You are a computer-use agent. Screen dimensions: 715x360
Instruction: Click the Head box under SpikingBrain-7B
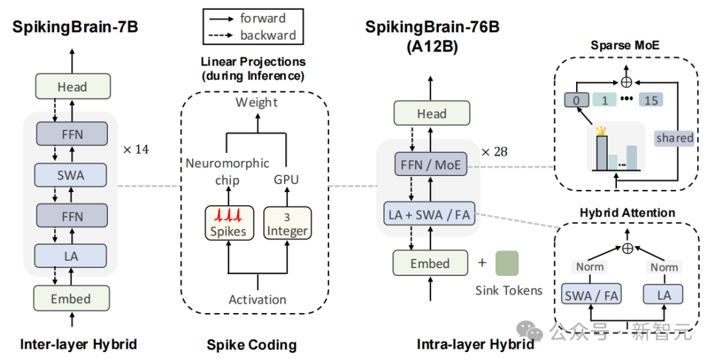coord(73,86)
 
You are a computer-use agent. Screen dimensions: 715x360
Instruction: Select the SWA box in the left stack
coord(71,175)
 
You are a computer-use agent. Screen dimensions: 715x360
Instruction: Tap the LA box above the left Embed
coord(71,256)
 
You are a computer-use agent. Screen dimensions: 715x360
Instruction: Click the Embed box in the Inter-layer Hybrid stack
coord(71,298)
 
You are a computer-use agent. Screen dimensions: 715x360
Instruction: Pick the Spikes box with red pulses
coord(228,223)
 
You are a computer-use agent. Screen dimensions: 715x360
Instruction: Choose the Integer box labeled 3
coord(287,223)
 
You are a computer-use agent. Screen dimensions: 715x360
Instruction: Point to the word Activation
coord(258,299)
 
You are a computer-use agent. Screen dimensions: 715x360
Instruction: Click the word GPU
coord(287,179)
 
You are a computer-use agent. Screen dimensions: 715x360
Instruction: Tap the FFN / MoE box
coord(431,165)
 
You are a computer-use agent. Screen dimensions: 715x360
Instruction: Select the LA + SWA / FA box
coord(430,214)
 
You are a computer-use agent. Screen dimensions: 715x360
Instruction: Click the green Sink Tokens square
coord(507,263)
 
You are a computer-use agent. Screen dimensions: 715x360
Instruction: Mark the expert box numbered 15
coord(651,100)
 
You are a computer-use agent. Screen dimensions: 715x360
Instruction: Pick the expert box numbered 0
coord(577,100)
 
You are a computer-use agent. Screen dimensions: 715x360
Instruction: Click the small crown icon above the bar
coord(601,130)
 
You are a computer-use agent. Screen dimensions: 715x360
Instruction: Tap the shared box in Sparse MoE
coord(675,138)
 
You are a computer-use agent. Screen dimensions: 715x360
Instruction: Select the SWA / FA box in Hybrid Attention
coord(591,295)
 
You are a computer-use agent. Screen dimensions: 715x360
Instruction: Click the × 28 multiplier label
coord(495,152)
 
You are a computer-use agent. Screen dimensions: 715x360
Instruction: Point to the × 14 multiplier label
coord(136,150)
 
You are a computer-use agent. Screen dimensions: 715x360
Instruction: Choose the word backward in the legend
coord(268,35)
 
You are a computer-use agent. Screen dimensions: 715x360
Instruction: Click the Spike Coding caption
coord(252,345)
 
